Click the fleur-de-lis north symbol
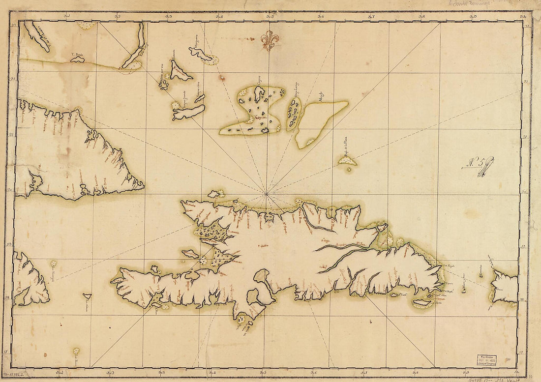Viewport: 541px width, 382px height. [x=269, y=40]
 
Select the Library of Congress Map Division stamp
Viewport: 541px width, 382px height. [x=486, y=360]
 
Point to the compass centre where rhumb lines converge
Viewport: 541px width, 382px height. [x=266, y=194]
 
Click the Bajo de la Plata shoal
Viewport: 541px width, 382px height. [x=347, y=159]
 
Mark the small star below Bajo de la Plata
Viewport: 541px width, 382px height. [x=350, y=170]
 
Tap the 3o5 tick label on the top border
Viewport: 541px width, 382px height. [x=270, y=16]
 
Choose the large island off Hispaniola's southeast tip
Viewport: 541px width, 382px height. [x=423, y=303]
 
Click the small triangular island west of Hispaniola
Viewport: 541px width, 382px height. [x=87, y=296]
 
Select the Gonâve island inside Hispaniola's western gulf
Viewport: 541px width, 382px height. [x=190, y=254]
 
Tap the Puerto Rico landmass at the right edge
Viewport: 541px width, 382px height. [x=505, y=286]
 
